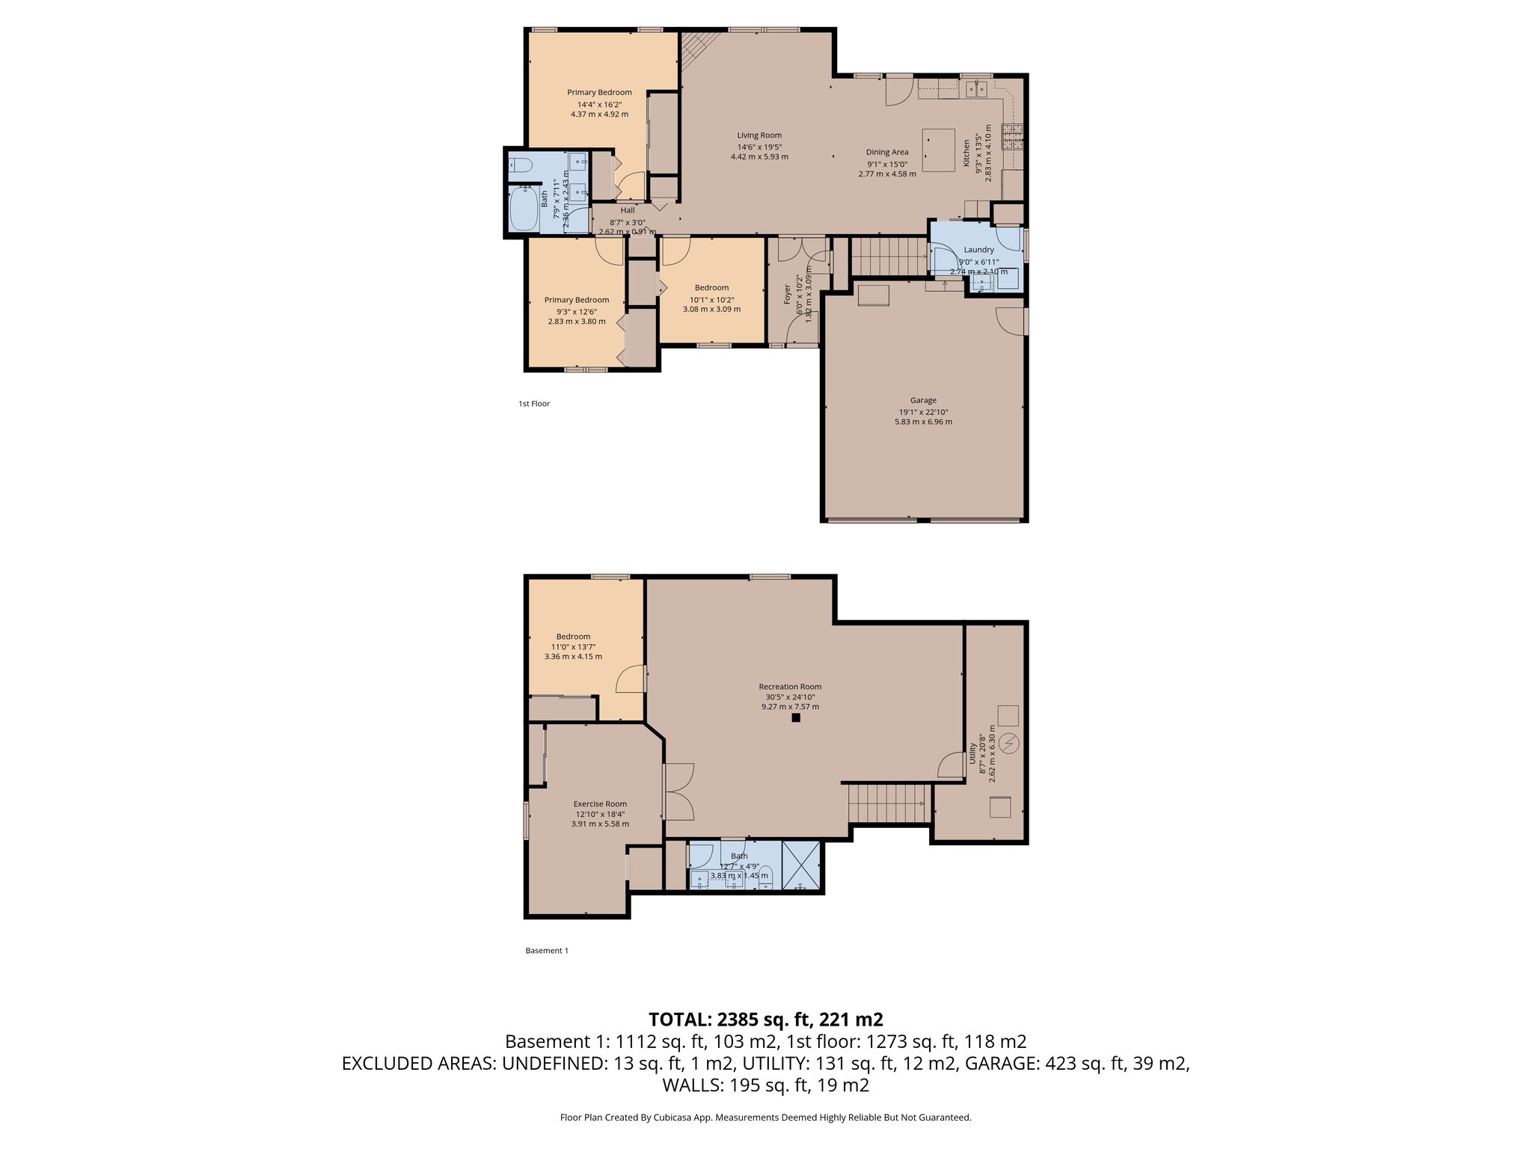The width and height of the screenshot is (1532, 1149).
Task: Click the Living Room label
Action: click(x=759, y=135)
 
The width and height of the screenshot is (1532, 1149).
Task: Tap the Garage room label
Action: click(x=923, y=400)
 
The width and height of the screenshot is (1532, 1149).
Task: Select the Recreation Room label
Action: click(x=790, y=687)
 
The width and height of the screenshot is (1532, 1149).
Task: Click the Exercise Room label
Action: click(x=600, y=804)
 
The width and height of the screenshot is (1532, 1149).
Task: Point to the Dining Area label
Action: click(x=887, y=152)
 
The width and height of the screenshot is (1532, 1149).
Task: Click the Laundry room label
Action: click(x=978, y=250)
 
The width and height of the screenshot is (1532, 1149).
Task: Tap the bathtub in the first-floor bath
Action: click(x=524, y=209)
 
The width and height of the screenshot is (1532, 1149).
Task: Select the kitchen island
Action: click(x=939, y=150)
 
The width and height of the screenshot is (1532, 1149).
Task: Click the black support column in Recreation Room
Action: click(x=796, y=717)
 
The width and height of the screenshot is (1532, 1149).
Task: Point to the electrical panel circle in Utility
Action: click(x=1010, y=744)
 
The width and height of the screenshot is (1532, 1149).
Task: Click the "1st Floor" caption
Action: click(x=534, y=404)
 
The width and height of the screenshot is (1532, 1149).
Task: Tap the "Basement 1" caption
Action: click(x=547, y=951)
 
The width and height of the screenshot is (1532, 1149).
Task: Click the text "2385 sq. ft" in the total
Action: click(x=764, y=1020)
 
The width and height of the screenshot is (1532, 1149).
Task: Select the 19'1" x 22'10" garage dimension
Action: click(x=923, y=411)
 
